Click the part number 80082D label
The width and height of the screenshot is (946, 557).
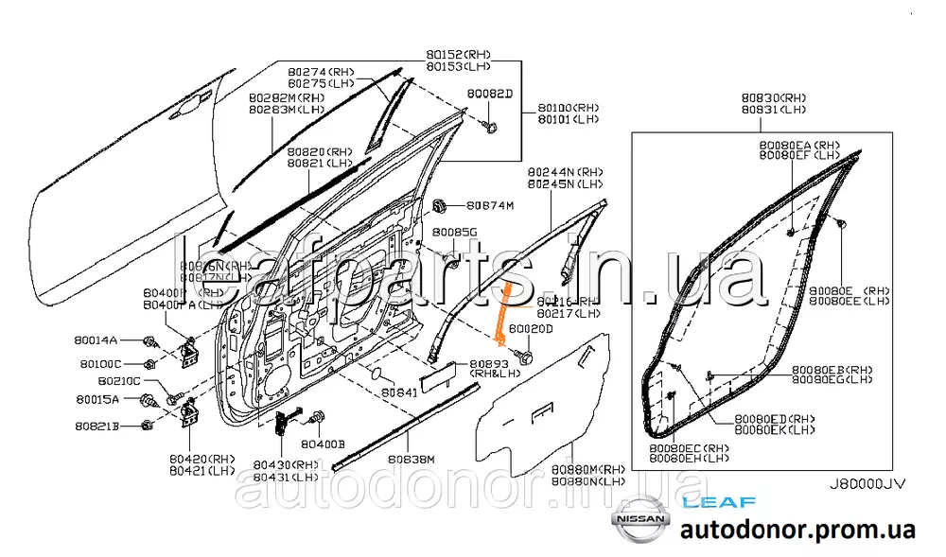click(489, 95)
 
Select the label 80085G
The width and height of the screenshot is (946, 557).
click(454, 232)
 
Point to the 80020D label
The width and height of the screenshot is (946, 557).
click(531, 328)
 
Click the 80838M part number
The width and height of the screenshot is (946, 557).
click(410, 459)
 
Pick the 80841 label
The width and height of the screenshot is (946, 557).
click(399, 391)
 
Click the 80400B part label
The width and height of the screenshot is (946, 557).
click(324, 443)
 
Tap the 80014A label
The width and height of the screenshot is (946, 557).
click(97, 339)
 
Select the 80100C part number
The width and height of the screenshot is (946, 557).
click(99, 363)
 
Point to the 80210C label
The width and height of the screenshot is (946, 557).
click(119, 381)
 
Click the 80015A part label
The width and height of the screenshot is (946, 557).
click(97, 400)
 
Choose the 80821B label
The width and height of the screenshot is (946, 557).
click(97, 427)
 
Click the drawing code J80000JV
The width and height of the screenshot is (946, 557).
click(867, 482)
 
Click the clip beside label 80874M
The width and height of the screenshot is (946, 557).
click(439, 205)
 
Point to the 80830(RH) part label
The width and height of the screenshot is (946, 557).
click(773, 97)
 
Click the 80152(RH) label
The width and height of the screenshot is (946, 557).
click(459, 55)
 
